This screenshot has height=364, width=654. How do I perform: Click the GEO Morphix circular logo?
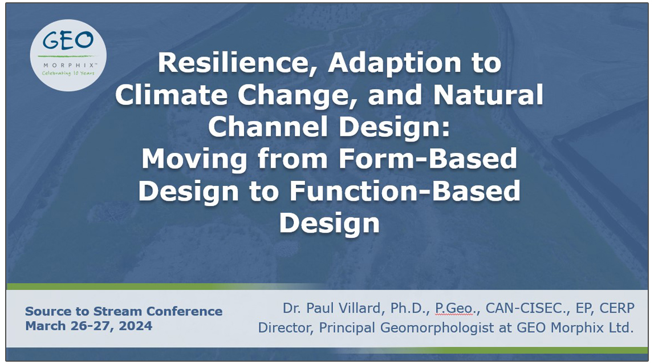[69, 55]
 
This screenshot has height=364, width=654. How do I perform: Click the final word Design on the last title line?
[329, 223]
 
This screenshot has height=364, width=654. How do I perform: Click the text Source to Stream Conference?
[124, 312]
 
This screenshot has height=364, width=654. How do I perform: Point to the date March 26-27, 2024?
[88, 326]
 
